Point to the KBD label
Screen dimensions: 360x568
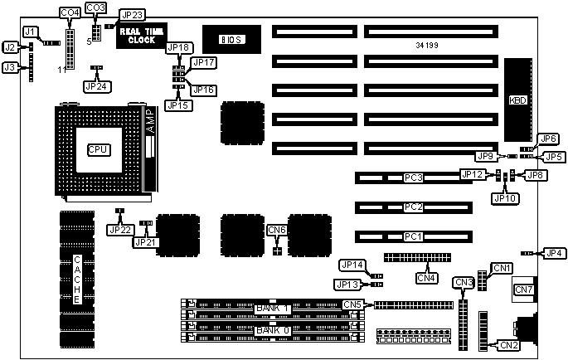518,100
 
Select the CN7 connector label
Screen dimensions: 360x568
524,289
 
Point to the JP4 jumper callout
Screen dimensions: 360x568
552,253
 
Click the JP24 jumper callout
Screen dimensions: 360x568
96,85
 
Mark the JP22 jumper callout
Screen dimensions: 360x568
119,229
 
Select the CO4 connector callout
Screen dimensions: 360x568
70,12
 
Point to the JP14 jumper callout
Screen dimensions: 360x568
352,265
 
